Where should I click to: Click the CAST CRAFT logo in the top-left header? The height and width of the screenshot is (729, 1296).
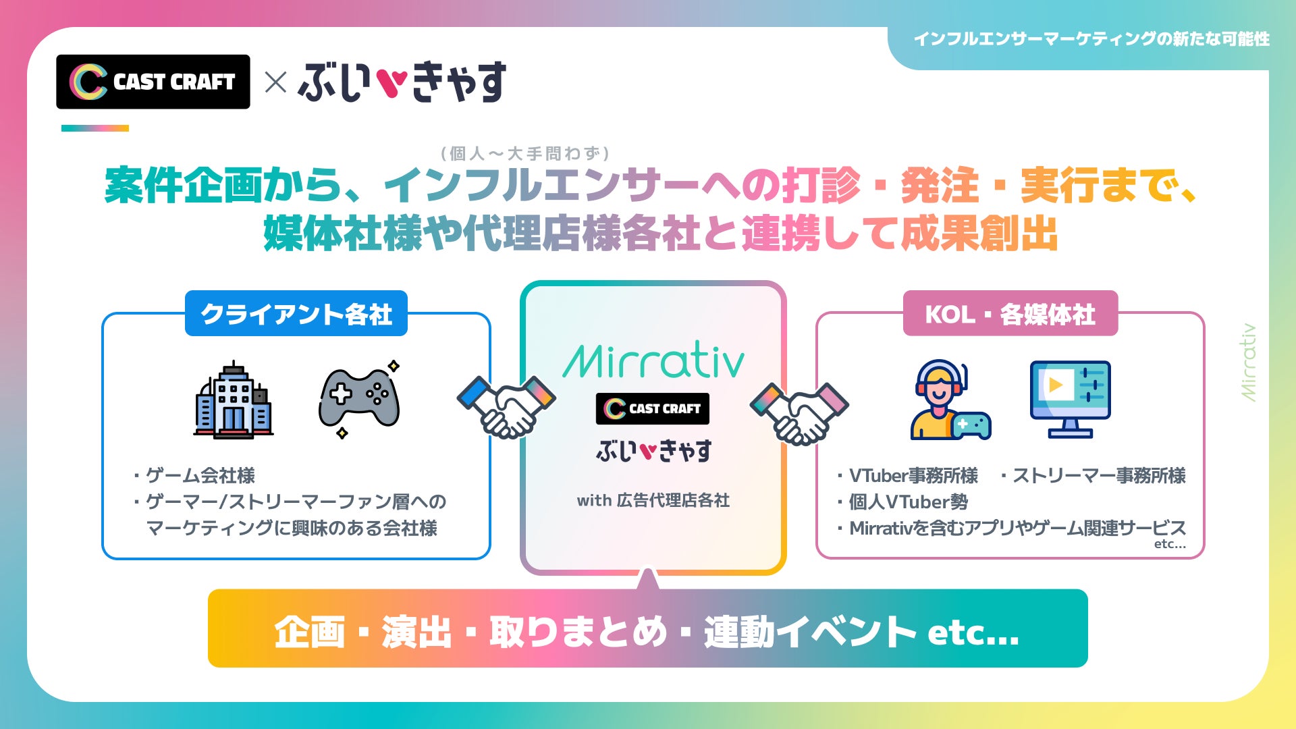click(153, 82)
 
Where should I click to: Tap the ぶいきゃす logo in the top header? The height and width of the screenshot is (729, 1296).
click(402, 82)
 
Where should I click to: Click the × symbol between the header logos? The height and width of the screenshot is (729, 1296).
click(275, 83)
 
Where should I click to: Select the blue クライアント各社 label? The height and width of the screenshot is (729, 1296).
click(296, 314)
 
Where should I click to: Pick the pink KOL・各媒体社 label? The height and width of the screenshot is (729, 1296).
click(1010, 314)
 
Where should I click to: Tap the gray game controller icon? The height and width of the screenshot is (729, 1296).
click(359, 400)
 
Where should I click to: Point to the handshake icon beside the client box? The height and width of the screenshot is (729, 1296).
click(506, 407)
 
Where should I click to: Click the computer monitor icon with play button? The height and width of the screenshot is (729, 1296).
click(1070, 399)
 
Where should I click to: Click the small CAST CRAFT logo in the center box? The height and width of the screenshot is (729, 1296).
click(652, 408)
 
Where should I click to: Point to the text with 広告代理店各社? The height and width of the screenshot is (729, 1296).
click(653, 500)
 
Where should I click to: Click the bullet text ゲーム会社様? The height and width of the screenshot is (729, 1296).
click(200, 475)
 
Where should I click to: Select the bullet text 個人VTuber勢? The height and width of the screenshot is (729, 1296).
click(908, 502)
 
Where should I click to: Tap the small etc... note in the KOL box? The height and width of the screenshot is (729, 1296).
click(1170, 544)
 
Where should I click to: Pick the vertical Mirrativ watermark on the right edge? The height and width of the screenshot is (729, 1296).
click(1249, 362)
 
